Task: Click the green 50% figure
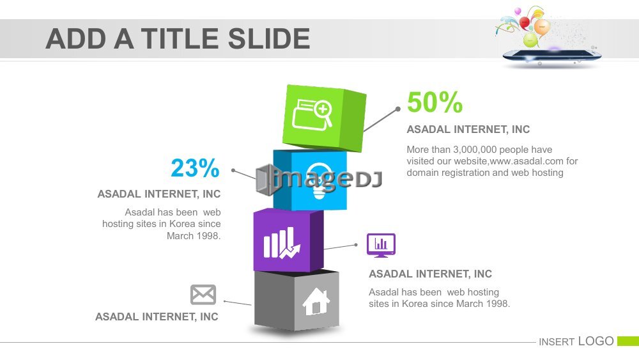(435, 102)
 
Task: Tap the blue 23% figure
(195, 168)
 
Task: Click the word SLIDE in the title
(269, 39)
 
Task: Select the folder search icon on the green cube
(312, 114)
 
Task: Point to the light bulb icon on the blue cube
(319, 180)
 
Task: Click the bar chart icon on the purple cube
(282, 243)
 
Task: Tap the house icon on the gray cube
(316, 301)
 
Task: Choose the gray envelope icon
(203, 294)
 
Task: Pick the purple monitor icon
(381, 246)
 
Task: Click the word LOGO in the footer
(596, 341)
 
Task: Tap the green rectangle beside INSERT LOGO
(628, 341)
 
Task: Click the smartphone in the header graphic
(552, 56)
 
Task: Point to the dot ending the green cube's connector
(397, 109)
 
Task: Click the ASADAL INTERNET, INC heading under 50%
(468, 129)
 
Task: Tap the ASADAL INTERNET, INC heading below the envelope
(157, 317)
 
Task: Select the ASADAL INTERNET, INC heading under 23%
(159, 194)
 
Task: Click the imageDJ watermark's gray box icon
(265, 180)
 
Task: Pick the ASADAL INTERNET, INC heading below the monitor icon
(430, 274)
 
